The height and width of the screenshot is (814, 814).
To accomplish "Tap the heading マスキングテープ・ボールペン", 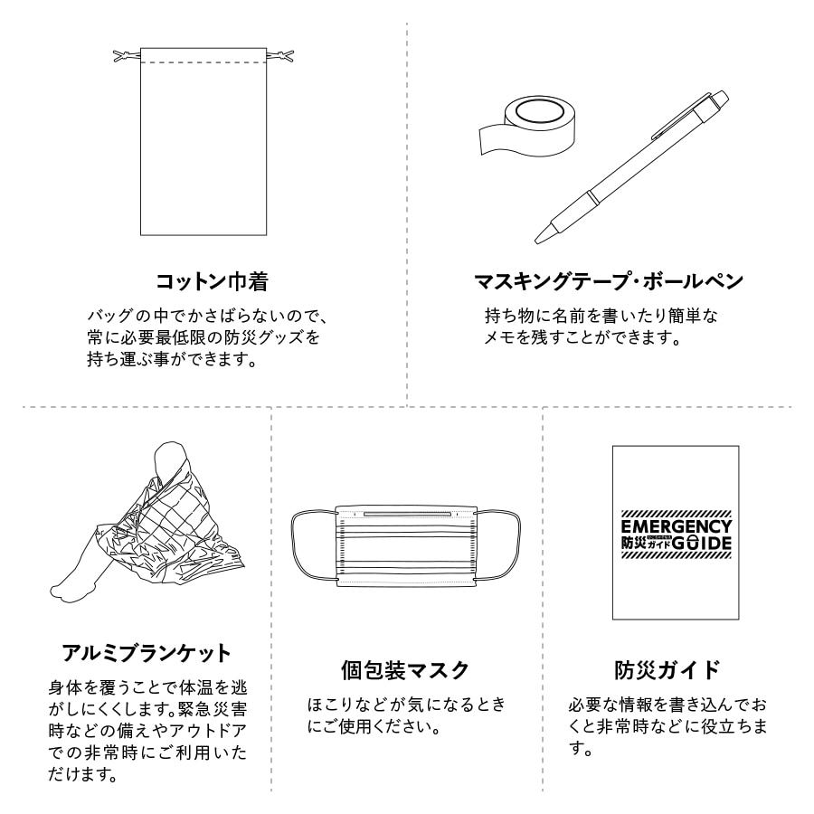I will [609, 281].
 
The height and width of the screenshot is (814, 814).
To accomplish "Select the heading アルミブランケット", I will [147, 652].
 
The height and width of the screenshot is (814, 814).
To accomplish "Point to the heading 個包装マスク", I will [405, 670].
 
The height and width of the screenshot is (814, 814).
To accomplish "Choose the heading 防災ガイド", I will [667, 670].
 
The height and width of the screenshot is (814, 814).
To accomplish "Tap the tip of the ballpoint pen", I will [540, 239].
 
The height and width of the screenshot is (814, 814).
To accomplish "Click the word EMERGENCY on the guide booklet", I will [676, 526].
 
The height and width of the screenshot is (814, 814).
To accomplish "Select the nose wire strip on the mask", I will [405, 514].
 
